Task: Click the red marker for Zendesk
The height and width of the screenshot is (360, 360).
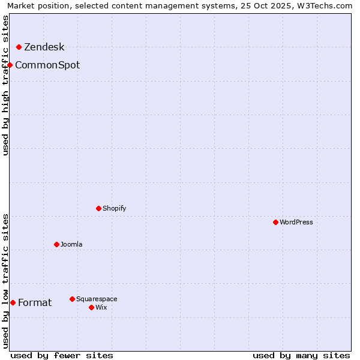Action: click(x=19, y=47)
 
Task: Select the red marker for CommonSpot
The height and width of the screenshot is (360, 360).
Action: click(x=10, y=65)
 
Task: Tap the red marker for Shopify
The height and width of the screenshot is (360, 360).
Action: click(x=99, y=208)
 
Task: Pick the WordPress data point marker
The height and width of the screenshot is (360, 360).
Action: click(x=276, y=222)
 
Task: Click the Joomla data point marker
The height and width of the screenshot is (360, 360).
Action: click(x=57, y=244)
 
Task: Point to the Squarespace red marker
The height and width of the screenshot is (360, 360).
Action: click(x=73, y=299)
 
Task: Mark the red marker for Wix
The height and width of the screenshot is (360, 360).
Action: click(x=92, y=307)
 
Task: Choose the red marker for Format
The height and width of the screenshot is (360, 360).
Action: click(x=13, y=302)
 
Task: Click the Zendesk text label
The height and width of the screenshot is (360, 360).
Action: click(x=44, y=47)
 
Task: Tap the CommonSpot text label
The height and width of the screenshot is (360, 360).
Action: click(x=47, y=65)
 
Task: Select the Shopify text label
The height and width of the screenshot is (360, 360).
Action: click(x=114, y=209)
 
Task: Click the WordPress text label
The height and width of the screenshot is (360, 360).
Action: click(x=296, y=223)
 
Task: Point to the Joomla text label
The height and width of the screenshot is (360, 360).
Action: click(x=71, y=245)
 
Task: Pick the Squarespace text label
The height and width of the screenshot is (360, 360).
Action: click(x=97, y=299)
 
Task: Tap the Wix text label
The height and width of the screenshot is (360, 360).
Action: click(x=101, y=308)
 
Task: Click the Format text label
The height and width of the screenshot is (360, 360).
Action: click(x=35, y=303)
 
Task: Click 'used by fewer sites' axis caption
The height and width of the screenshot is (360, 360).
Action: click(x=62, y=355)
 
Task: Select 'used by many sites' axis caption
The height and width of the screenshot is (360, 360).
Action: click(x=301, y=355)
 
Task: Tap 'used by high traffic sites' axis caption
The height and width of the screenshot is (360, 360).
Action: click(x=6, y=85)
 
